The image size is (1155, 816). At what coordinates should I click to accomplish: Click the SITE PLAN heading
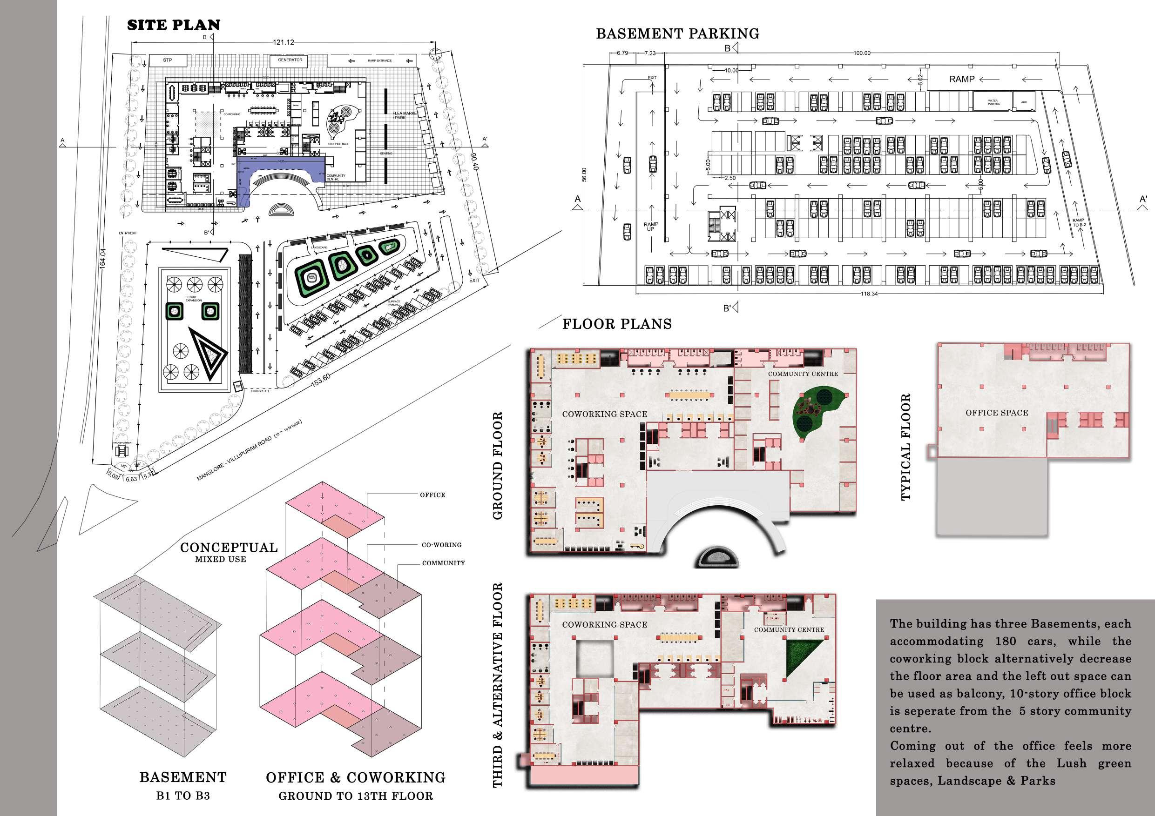174,25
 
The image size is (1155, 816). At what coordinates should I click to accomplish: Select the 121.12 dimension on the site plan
283,42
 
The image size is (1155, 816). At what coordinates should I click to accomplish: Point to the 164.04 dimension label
102,257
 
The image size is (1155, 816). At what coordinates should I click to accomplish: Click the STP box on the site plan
168,60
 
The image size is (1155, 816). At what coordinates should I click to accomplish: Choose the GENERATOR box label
290,60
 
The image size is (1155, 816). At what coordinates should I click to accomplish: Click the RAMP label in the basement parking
961,79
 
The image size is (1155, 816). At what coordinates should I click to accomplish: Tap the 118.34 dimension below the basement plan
869,293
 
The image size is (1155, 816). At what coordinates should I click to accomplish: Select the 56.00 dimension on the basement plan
584,174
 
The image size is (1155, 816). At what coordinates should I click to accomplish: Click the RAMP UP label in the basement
650,226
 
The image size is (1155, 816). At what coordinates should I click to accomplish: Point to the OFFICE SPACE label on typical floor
997,413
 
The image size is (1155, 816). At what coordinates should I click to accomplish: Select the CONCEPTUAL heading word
229,548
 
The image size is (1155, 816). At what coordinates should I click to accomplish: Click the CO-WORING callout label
441,544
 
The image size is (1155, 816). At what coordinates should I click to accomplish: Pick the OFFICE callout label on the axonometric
432,495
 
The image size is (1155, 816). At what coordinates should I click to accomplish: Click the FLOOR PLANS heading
617,324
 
